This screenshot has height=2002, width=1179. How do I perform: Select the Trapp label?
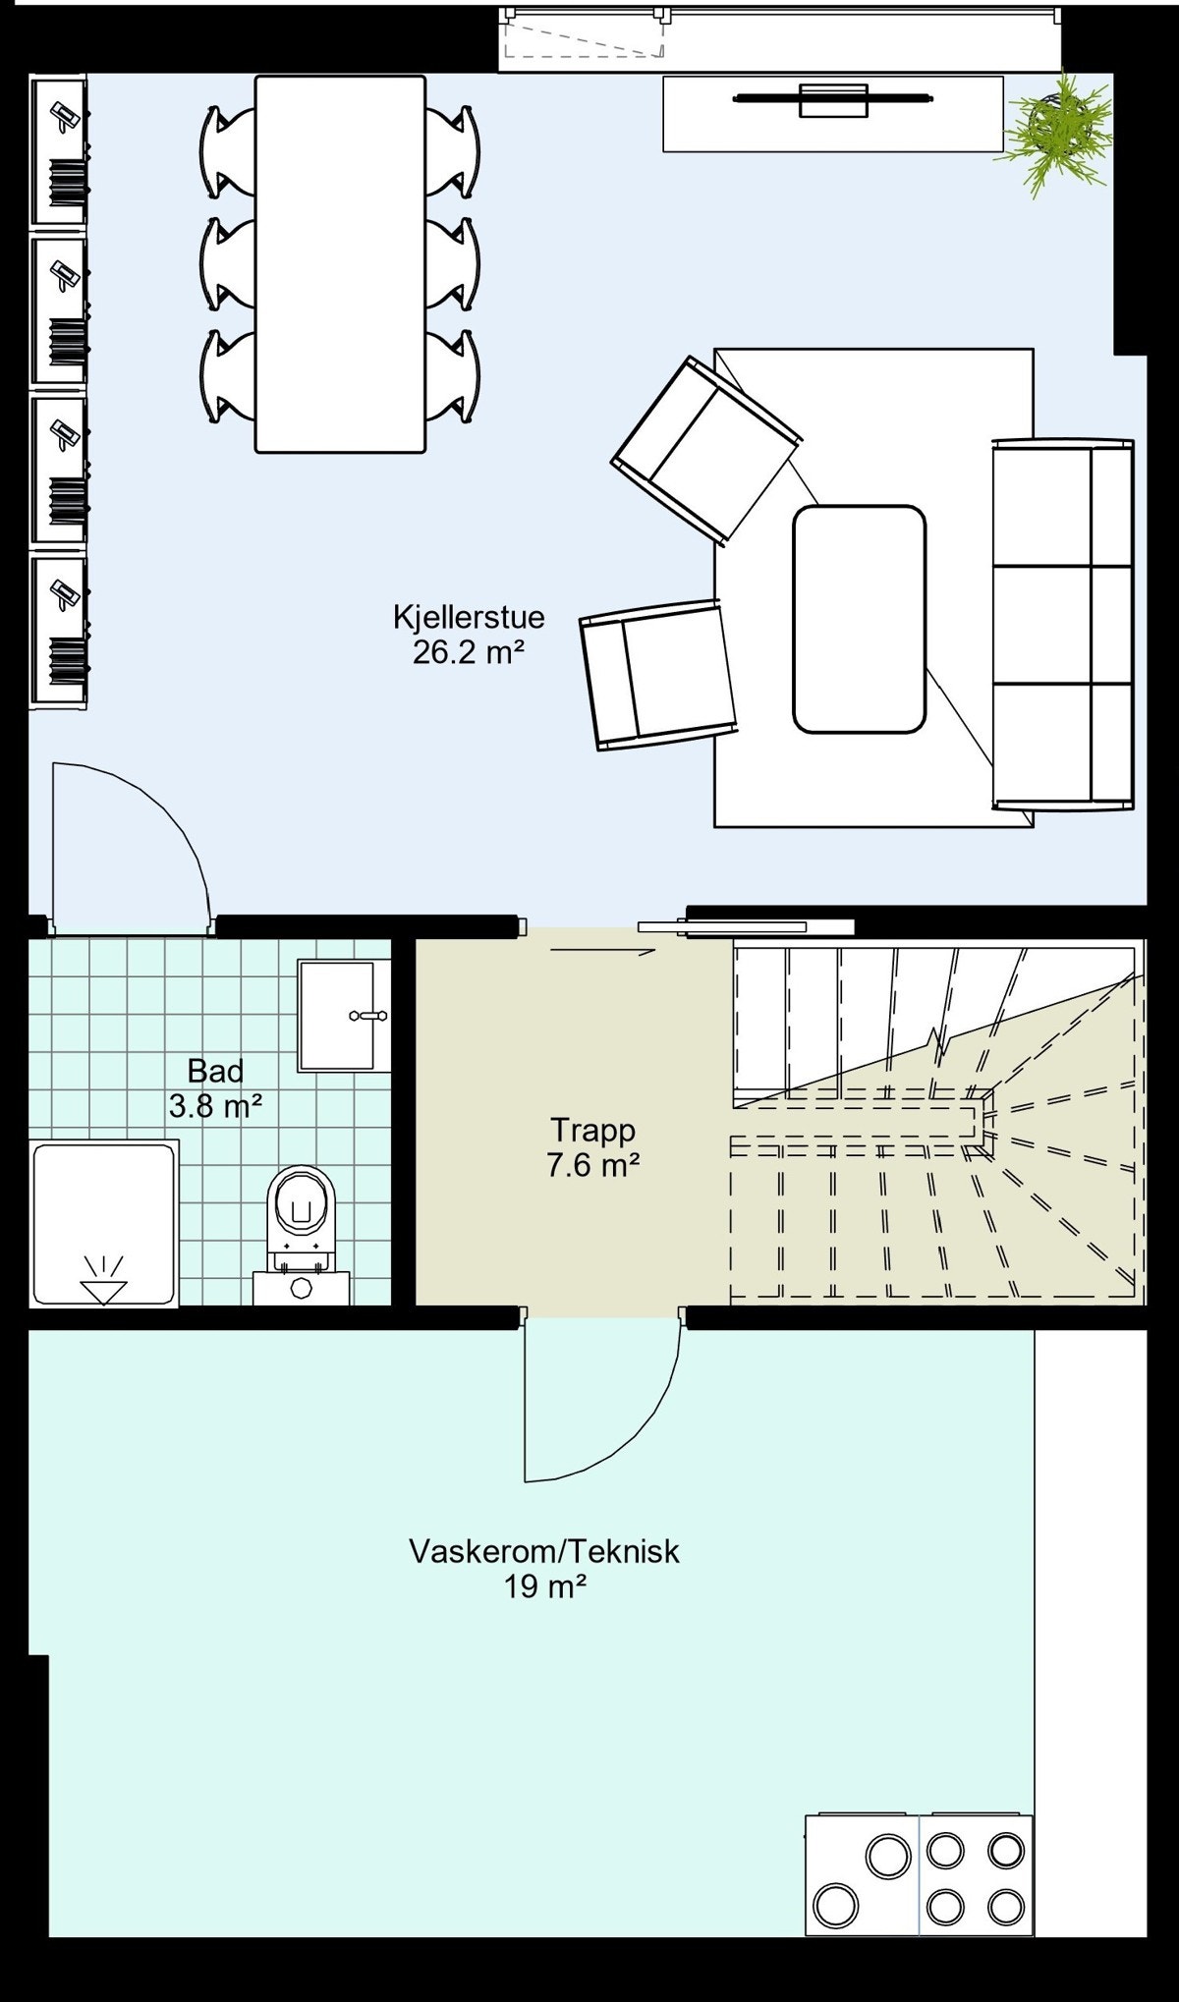[592, 1130]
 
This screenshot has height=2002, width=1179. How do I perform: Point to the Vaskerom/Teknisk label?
[544, 1551]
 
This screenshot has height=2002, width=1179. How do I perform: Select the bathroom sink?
[336, 1015]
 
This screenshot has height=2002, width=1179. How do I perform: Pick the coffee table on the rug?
[859, 619]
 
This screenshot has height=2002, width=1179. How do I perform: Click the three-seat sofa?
[1063, 625]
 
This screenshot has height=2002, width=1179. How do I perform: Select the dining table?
[340, 263]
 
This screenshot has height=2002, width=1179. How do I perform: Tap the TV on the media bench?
[831, 99]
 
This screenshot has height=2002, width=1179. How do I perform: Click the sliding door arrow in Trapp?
[601, 951]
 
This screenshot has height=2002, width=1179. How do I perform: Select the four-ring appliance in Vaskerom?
[976, 1879]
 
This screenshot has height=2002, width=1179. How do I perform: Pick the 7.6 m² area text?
[592, 1165]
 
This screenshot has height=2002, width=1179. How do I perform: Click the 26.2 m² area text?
[465, 652]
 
